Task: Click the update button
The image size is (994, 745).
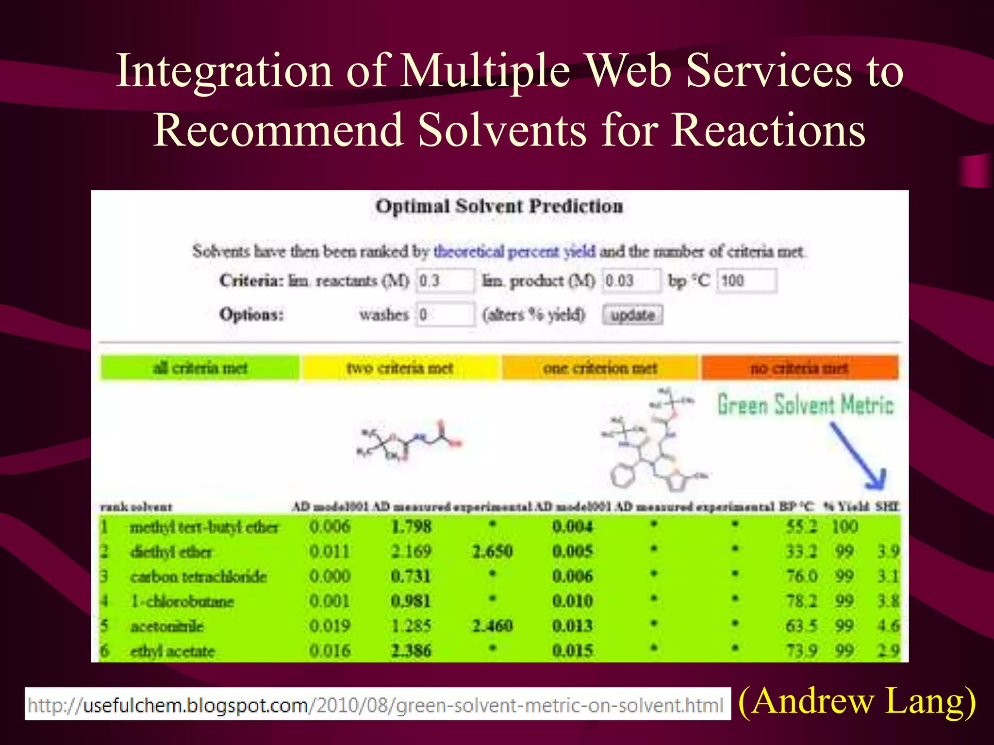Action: [x=632, y=315]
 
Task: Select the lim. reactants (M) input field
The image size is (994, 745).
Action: [x=445, y=281]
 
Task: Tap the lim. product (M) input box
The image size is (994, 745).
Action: [x=631, y=281]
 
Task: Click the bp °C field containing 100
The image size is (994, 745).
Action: [x=746, y=281]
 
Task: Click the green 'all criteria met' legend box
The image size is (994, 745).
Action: [x=200, y=368]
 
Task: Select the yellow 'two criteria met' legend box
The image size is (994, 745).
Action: [x=400, y=368]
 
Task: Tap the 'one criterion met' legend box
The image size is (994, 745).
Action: [x=600, y=368]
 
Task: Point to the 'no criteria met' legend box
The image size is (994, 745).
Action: [x=799, y=368]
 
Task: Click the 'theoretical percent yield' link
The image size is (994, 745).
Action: [x=514, y=252]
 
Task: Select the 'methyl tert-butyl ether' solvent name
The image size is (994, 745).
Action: [x=204, y=527]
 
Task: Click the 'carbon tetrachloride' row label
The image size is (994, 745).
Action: [x=199, y=577]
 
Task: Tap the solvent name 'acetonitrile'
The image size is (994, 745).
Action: [x=167, y=626]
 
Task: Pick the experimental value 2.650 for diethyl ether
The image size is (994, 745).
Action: [x=492, y=551]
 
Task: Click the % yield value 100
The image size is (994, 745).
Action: [x=845, y=527]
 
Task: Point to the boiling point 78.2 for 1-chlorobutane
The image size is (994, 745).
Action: [x=801, y=601]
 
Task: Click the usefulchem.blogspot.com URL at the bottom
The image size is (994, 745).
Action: [x=377, y=705]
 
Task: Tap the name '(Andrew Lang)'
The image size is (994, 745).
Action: [x=857, y=701]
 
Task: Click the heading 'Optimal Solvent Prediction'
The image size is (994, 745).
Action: [x=499, y=206]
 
